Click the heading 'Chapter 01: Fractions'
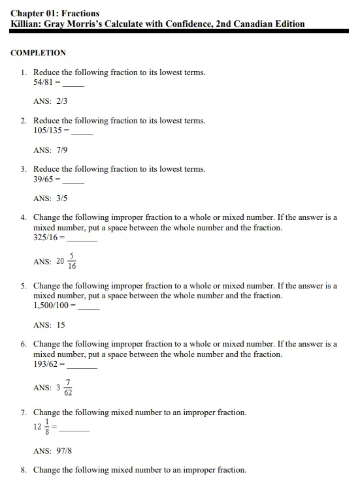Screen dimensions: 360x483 click(x=55, y=13)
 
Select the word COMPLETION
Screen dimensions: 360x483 click(x=38, y=53)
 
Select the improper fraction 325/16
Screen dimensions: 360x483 click(x=47, y=238)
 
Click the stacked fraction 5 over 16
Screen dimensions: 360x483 click(x=72, y=261)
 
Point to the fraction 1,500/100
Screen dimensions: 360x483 click(x=52, y=305)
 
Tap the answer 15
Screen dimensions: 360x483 click(x=61, y=325)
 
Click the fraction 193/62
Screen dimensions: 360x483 click(x=47, y=364)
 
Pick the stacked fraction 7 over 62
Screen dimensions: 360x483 click(x=69, y=388)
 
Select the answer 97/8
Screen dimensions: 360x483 click(x=63, y=451)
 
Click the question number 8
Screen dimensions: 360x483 click(x=24, y=470)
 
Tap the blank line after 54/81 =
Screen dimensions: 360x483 click(x=74, y=85)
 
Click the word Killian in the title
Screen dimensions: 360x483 click(x=26, y=24)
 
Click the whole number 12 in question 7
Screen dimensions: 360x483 click(x=37, y=427)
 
